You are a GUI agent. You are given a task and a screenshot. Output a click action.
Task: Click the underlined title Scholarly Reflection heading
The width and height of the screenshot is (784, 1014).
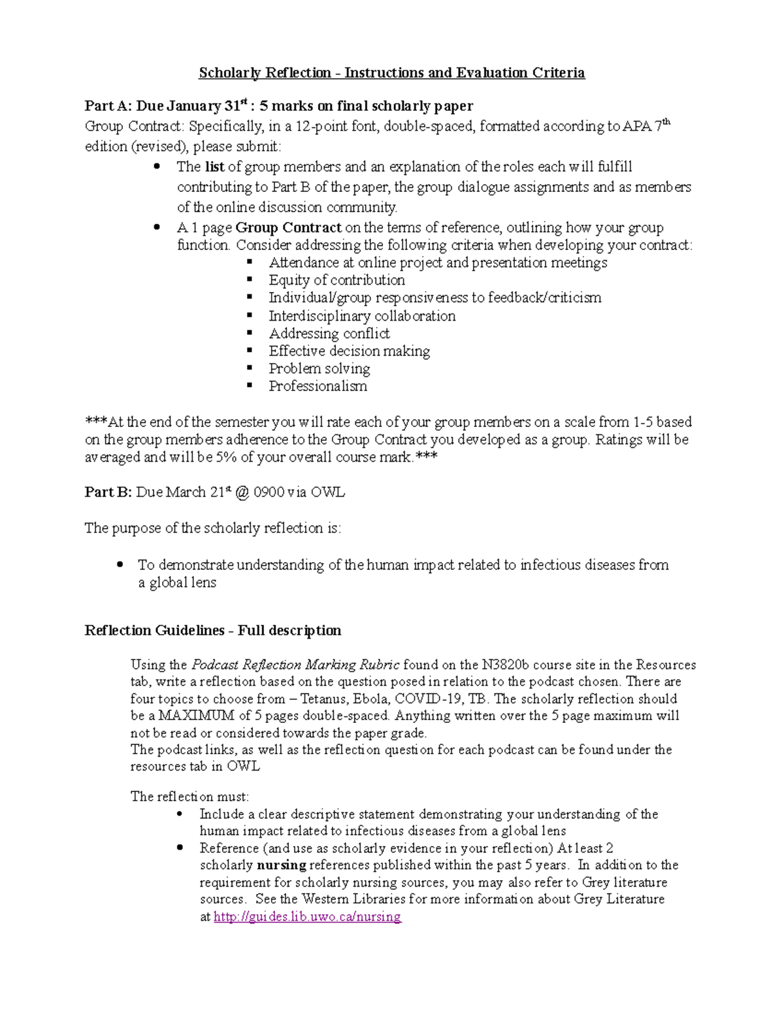[x=391, y=72]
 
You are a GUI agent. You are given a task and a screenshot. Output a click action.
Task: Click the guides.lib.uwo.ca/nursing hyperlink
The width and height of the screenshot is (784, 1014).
[x=307, y=917]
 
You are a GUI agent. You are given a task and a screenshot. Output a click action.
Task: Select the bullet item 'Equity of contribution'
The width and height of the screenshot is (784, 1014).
[x=336, y=280]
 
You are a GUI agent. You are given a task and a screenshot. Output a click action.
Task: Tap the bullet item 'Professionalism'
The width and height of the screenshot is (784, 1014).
[x=318, y=386]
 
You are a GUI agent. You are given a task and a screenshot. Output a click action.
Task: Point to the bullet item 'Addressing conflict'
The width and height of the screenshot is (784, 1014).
[x=329, y=334]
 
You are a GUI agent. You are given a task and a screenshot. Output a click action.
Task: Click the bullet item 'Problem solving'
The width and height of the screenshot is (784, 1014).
[x=319, y=368]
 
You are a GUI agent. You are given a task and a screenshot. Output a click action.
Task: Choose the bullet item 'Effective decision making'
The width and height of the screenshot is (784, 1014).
[x=349, y=351]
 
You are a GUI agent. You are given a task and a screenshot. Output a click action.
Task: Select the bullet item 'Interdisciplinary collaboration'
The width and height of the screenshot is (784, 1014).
[x=362, y=316]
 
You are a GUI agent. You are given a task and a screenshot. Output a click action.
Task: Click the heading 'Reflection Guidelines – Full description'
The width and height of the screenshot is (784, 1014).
[x=213, y=630]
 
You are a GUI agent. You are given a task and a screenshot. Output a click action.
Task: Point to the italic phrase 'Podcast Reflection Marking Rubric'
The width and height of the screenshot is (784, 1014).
[x=295, y=665]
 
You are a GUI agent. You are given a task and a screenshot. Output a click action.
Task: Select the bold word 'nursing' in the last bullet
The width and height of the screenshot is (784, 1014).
[x=281, y=865]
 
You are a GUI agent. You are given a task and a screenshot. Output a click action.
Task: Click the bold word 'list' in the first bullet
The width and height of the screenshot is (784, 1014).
[x=214, y=167]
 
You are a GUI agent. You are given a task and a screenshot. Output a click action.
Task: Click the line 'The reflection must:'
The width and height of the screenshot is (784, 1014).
[x=189, y=797]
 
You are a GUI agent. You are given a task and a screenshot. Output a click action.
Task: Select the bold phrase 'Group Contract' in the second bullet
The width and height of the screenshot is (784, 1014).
[x=288, y=228]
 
